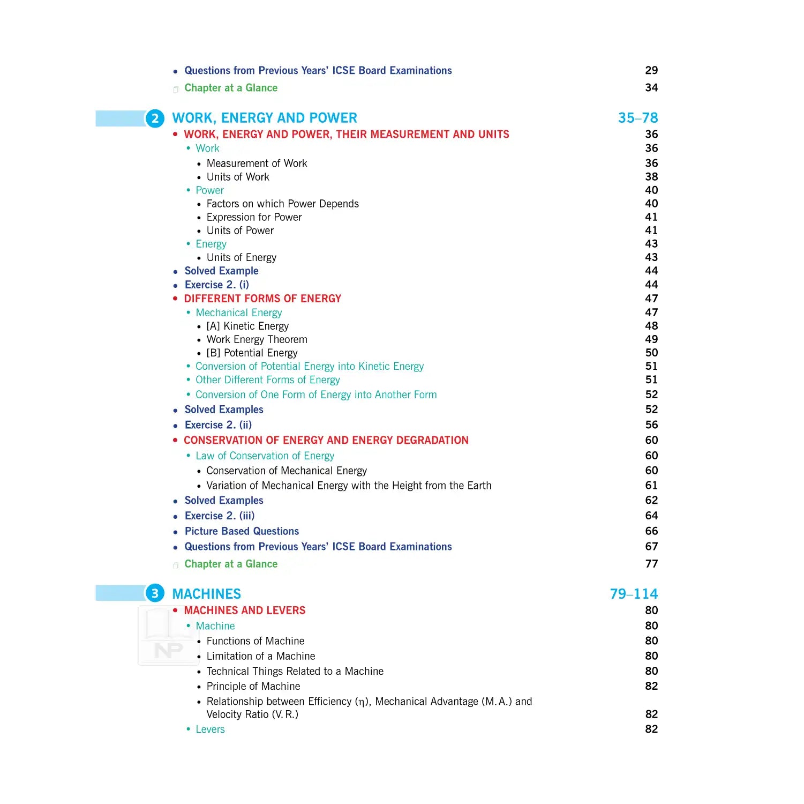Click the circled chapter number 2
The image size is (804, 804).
tap(155, 118)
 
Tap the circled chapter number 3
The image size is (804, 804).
tap(155, 593)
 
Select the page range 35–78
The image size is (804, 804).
tap(637, 118)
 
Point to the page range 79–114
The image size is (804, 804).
tap(634, 594)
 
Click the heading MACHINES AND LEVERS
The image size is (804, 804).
tap(244, 611)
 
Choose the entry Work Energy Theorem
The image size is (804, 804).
tap(257, 339)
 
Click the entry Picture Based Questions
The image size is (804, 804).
tap(242, 531)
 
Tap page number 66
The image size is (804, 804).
tap(651, 531)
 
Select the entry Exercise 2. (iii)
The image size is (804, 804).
tap(219, 516)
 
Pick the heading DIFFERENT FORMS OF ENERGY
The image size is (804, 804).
tap(262, 299)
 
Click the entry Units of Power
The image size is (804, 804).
tap(240, 230)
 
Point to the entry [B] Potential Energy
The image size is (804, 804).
tap(252, 353)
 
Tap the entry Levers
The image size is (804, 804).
tap(210, 729)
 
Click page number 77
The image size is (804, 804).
tap(651, 564)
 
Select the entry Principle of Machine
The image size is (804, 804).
tap(253, 686)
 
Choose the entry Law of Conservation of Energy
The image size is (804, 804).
tap(265, 456)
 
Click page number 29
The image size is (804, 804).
tap(651, 70)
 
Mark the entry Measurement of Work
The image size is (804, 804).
tap(257, 163)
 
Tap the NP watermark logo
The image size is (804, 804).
tap(168, 650)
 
